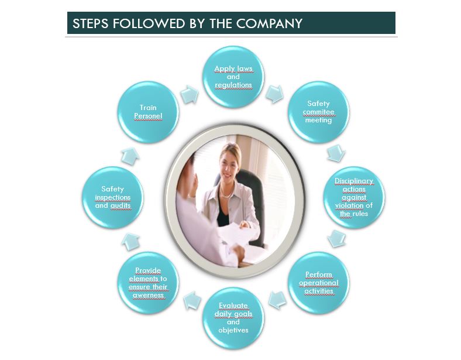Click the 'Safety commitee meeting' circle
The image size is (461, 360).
click(x=318, y=112)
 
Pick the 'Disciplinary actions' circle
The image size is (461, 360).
click(x=353, y=197)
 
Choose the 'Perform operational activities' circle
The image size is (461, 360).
click(x=318, y=283)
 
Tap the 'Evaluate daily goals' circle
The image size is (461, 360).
click(x=233, y=318)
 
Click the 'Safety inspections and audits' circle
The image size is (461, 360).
click(x=112, y=197)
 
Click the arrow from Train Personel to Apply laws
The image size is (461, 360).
click(x=190, y=95)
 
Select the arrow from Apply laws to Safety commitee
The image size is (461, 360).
click(x=274, y=94)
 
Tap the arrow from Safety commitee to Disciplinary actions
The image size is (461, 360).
click(x=335, y=153)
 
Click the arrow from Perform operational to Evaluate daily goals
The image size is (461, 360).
click(x=277, y=301)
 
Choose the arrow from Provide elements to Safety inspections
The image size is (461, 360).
click(x=131, y=241)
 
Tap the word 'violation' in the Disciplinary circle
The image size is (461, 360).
click(x=350, y=205)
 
